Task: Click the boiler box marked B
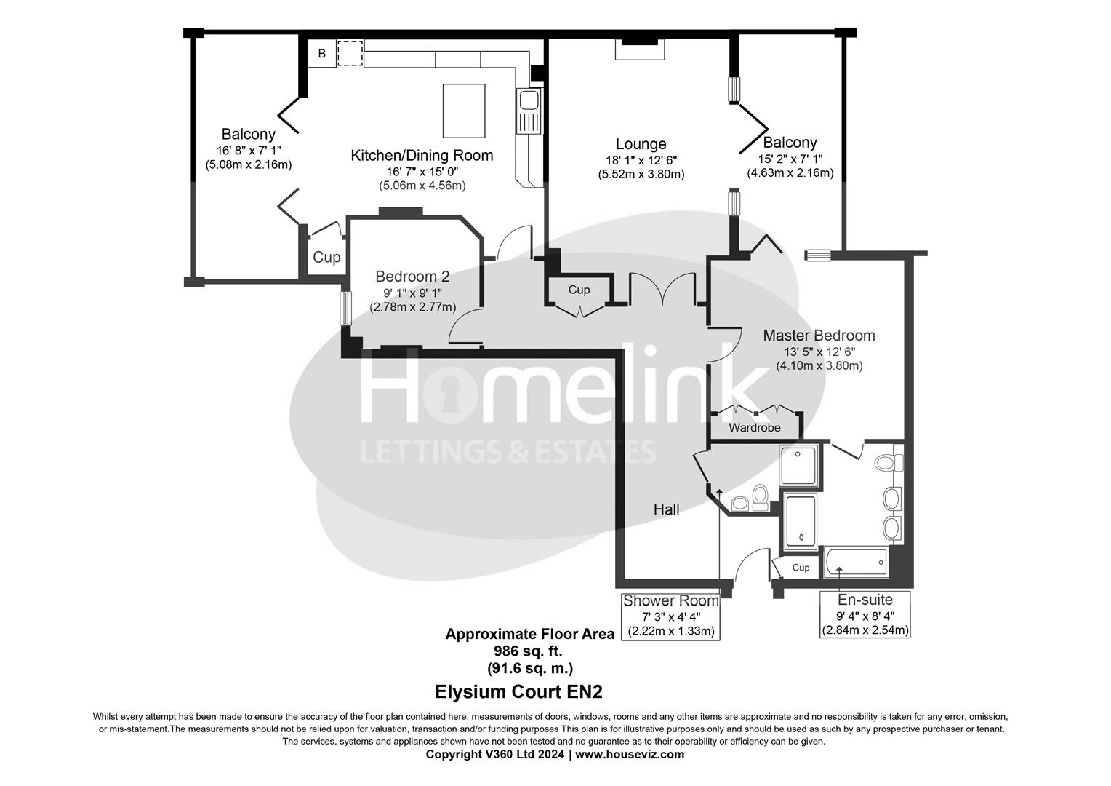(321, 54)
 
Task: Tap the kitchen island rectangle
(464, 110)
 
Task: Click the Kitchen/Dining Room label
(422, 155)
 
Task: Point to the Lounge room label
(641, 144)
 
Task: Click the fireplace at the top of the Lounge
(640, 49)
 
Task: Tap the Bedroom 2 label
(412, 277)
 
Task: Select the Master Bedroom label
(819, 336)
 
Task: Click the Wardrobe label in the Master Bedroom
(755, 428)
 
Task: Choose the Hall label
(666, 509)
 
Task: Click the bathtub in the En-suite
(857, 563)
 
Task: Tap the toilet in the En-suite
(888, 463)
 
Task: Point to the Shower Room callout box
(670, 616)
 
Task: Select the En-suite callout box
(865, 614)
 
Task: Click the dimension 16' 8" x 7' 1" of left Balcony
(249, 150)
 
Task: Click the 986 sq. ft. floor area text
(529, 651)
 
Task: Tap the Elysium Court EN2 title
(518, 691)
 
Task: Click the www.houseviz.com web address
(630, 754)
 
